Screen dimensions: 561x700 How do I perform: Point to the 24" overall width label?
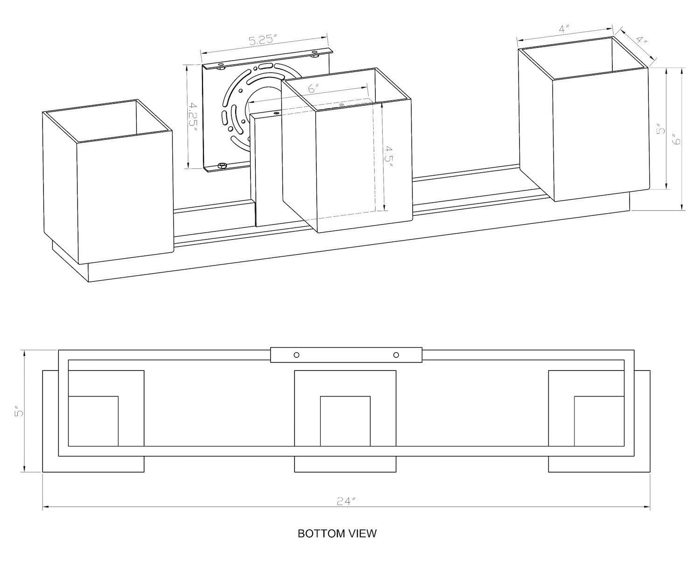[346, 502]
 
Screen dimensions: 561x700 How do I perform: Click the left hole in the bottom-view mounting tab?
[296, 355]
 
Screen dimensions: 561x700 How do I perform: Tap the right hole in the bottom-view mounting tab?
[396, 355]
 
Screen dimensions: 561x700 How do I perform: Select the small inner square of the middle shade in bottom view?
[345, 421]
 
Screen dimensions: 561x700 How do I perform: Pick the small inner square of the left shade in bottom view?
[93, 421]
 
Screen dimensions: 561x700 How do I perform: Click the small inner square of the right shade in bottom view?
[599, 421]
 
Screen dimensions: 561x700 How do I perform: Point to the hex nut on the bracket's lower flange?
[222, 165]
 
